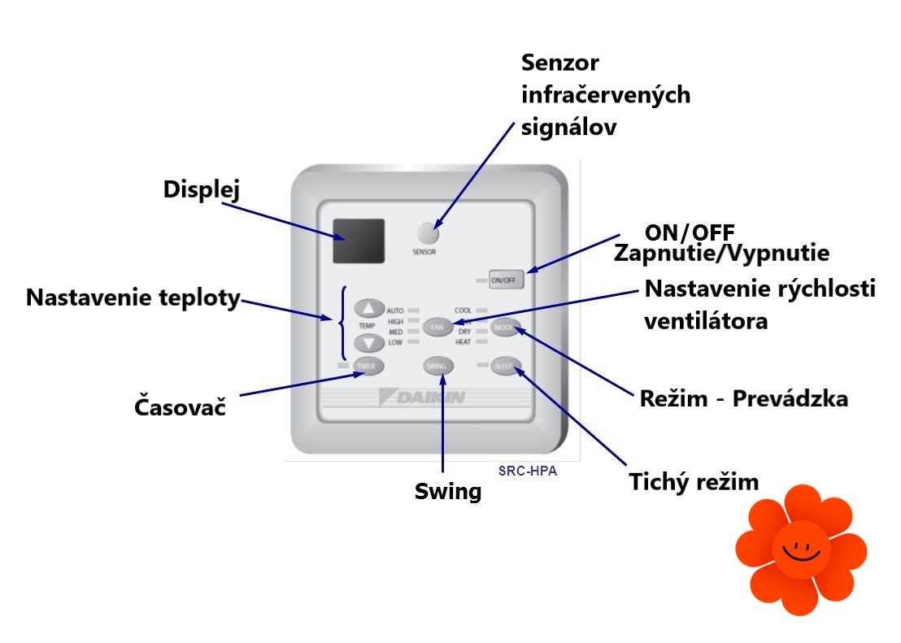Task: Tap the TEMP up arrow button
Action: [369, 309]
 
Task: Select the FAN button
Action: [437, 327]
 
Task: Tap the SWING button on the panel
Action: [436, 367]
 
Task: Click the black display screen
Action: [358, 241]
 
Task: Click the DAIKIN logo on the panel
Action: [423, 398]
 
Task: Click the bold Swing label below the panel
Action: [448, 491]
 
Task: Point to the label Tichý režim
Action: [694, 481]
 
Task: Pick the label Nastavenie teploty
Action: [133, 298]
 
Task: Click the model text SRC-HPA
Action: [527, 471]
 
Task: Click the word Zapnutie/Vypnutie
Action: [721, 253]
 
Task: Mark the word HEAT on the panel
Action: [464, 342]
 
